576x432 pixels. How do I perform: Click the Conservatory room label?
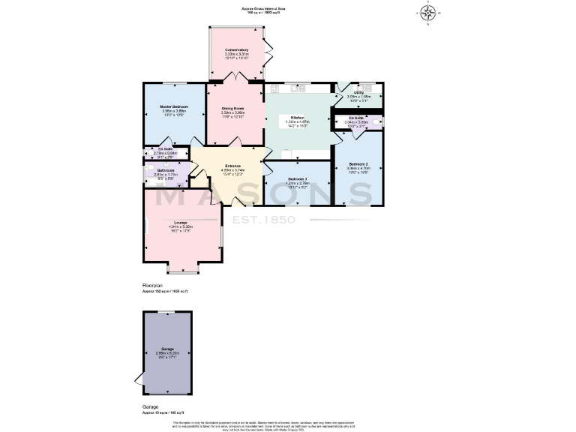point(236,50)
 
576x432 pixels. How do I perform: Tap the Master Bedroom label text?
point(173,107)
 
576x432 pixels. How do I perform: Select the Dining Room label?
point(233,108)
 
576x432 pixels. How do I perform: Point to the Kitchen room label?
point(297,118)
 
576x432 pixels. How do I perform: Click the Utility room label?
point(358,92)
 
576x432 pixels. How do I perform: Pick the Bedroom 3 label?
point(298,178)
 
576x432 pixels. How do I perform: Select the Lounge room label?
point(181,222)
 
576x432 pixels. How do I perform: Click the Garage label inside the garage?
point(166,349)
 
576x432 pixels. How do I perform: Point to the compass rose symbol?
point(429,12)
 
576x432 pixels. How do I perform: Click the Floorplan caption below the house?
point(153,286)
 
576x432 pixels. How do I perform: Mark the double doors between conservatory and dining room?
point(236,79)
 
